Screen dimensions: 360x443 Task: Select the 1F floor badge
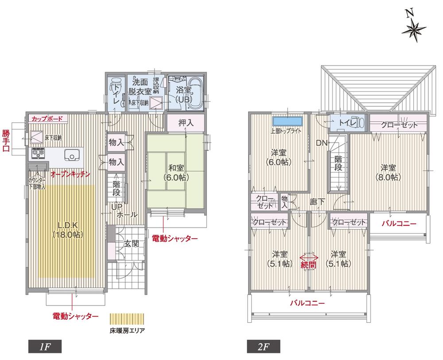tap(44, 346)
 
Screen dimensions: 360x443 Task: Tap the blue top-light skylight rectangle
tap(288, 121)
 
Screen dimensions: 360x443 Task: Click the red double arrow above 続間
tap(309, 257)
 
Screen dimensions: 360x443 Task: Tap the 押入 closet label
tap(186, 122)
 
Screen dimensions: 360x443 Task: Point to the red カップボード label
tap(47, 119)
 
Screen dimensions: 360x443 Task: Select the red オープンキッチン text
tap(70, 174)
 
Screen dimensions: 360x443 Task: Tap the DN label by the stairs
tap(321, 143)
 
